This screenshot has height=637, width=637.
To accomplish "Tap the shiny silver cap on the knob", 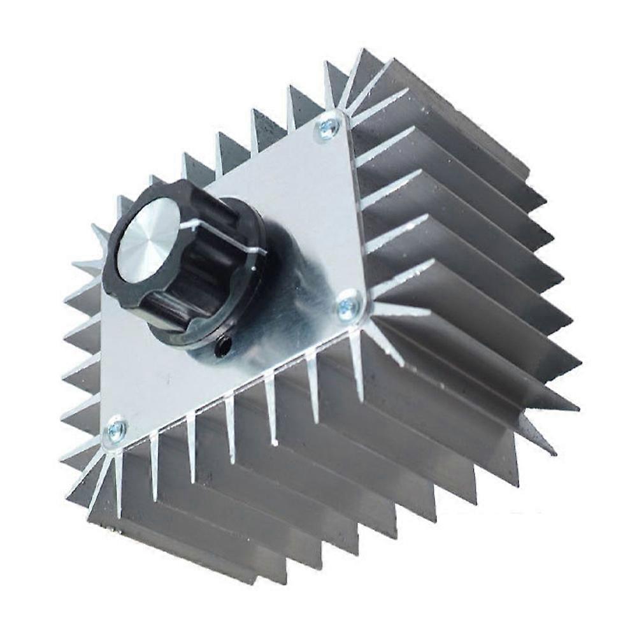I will point(148,240).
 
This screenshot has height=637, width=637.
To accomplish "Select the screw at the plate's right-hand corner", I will point(349,305).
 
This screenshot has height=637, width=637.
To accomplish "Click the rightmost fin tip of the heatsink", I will point(577,408).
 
